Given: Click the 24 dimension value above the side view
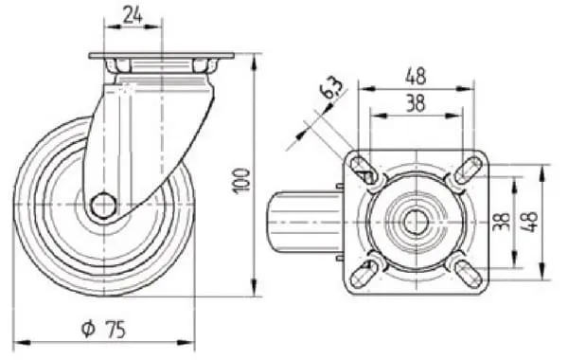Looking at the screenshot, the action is point(133,15).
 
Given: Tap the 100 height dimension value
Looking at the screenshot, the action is point(242,182).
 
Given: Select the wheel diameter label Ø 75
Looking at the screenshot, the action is point(103,329).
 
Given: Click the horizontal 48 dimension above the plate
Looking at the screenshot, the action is point(416,77).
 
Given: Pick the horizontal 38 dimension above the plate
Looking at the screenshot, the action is point(416,102).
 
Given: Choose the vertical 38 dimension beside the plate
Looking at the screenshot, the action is point(502,222).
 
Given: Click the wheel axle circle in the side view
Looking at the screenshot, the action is point(103,206).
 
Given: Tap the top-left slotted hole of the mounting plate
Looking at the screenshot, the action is point(363,169).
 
